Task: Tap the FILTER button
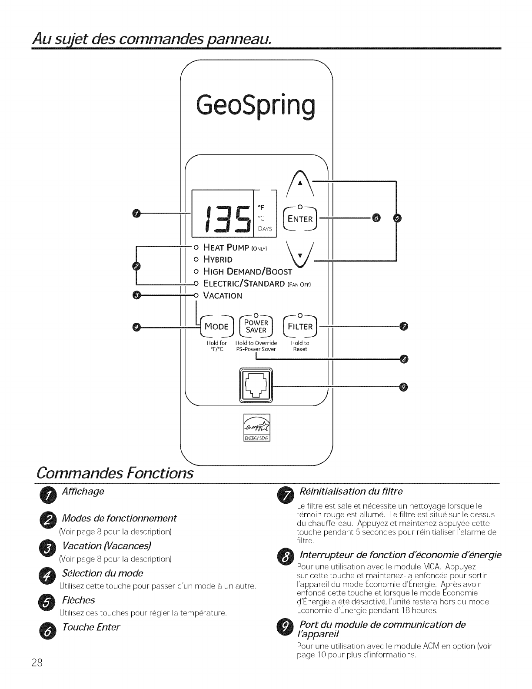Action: [x=300, y=326]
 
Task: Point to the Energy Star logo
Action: [x=257, y=427]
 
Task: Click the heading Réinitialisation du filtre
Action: [x=352, y=492]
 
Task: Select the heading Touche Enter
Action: [x=91, y=627]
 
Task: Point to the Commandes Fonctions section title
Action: [x=115, y=473]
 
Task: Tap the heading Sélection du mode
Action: [x=103, y=573]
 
